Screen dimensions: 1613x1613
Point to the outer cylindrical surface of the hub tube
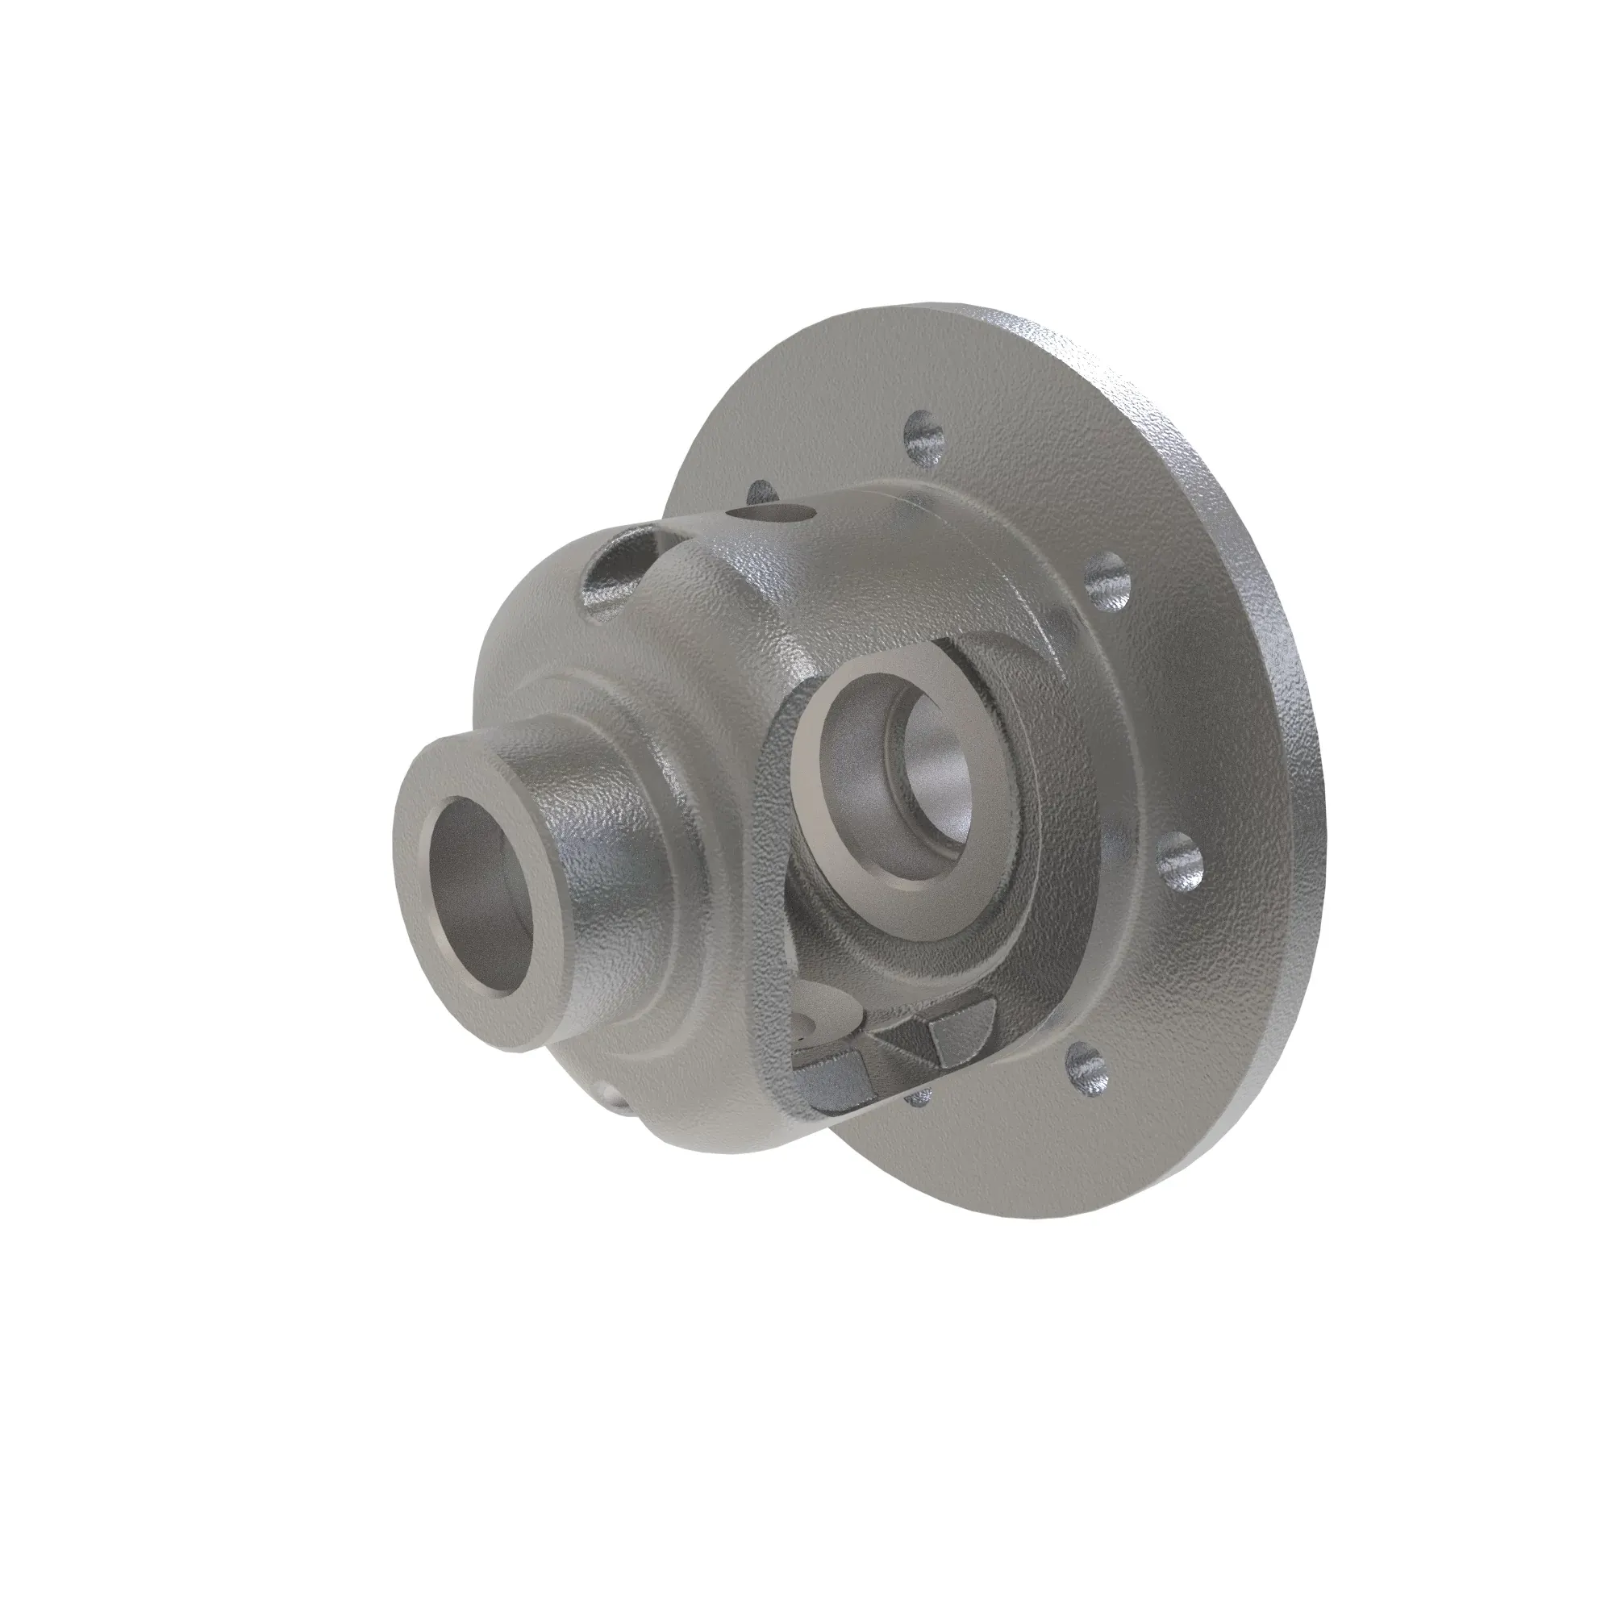coord(585,802)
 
